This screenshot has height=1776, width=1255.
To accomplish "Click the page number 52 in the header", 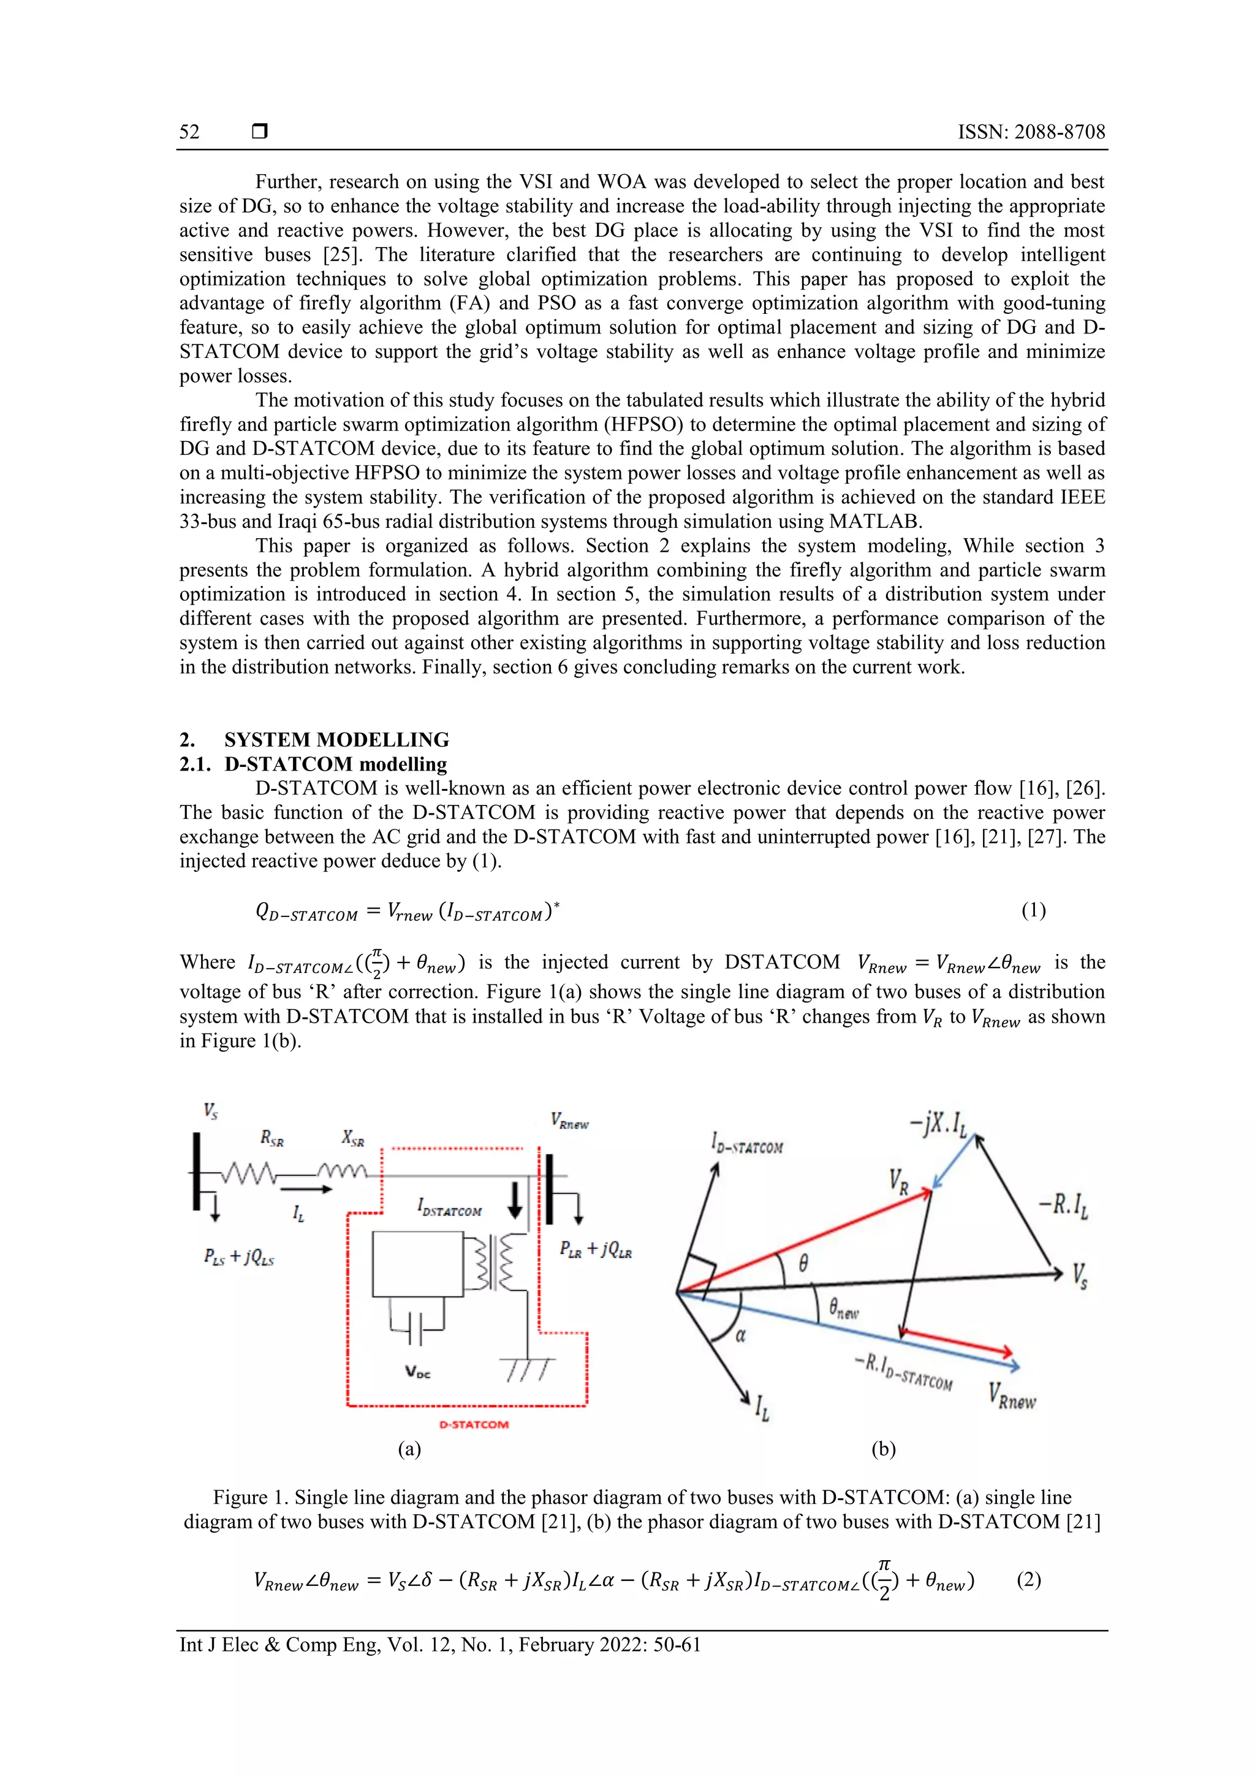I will click(189, 131).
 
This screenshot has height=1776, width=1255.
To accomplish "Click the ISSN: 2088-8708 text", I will click(1031, 131).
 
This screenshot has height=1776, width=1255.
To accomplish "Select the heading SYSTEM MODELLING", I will click(336, 739).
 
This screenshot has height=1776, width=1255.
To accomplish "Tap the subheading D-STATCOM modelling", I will click(336, 764).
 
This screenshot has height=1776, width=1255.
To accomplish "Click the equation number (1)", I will click(1033, 910).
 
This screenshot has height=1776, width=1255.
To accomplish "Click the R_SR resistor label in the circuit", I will click(272, 1138).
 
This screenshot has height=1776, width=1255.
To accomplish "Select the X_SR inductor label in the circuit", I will click(352, 1138).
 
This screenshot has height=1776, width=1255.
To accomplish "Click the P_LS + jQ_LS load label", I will click(239, 1257).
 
